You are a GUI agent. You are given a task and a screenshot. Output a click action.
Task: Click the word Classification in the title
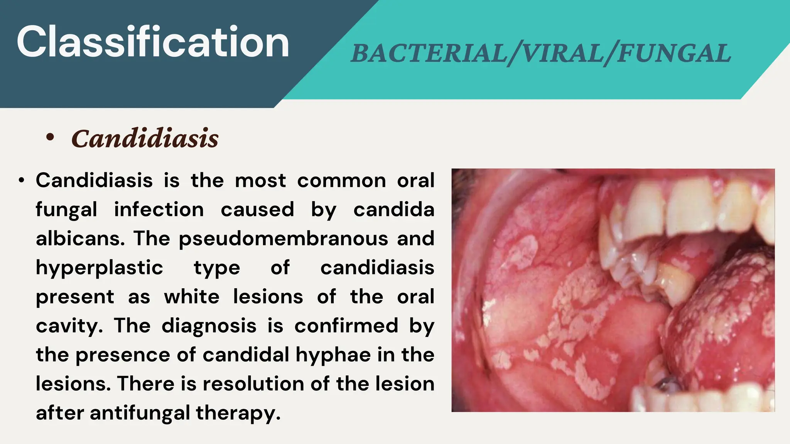coord(153,42)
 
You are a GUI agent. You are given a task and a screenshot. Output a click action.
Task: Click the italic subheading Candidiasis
coord(145,138)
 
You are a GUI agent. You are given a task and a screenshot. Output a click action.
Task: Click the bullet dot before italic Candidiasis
coord(50,137)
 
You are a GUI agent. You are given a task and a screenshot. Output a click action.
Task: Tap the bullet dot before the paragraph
coord(22,180)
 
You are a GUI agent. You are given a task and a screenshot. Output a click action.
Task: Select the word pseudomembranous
coord(284,239)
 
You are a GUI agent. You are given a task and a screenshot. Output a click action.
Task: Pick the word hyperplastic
coord(100,267)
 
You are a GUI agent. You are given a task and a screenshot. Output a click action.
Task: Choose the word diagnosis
coord(209,326)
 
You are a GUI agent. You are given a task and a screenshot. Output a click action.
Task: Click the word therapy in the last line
coord(238,413)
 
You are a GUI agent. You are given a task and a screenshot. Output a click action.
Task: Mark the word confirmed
coord(346,326)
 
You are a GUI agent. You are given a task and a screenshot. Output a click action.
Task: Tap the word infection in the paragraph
coord(159,210)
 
